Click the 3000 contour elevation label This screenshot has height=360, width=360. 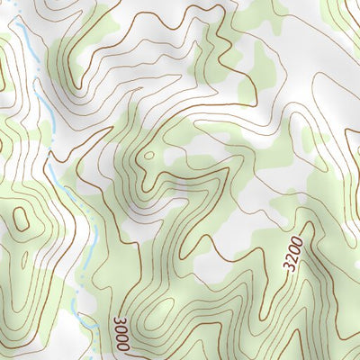121,334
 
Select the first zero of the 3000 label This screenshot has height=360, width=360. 121,329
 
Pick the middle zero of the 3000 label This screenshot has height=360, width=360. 122,337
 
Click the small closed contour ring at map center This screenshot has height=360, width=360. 147,157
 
